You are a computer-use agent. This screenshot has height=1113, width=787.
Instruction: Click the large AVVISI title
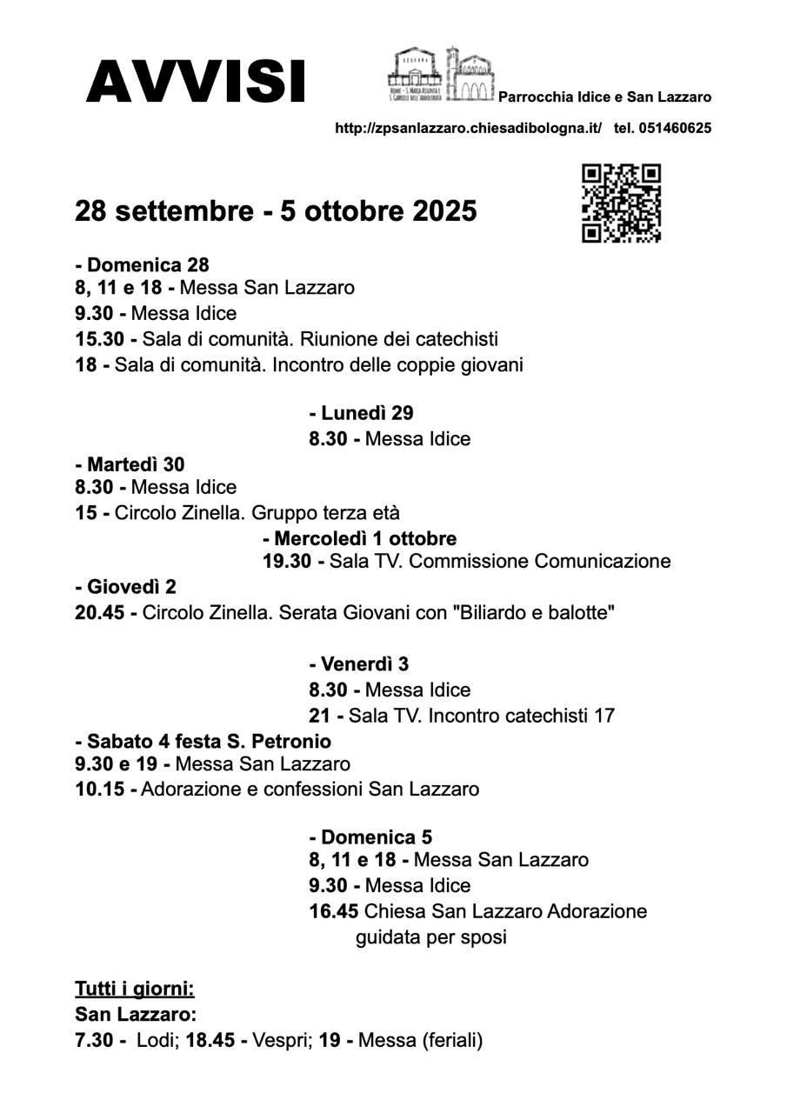coord(196,82)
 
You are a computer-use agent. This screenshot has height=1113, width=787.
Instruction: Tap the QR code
coord(621,203)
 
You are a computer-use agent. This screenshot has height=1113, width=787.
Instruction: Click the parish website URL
coord(468,128)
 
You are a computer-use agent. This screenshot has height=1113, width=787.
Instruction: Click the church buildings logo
coord(441,76)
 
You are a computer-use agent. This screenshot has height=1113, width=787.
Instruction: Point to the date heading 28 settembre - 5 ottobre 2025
coord(276,211)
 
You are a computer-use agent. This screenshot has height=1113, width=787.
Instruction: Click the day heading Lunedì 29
coord(361,413)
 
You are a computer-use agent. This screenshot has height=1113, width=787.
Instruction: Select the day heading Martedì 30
coord(130,465)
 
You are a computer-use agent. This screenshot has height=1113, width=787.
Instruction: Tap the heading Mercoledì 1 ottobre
coord(359,538)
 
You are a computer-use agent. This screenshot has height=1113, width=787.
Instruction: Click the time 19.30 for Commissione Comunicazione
coord(287,562)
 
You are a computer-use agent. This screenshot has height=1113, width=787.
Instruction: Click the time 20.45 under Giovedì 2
coord(99,613)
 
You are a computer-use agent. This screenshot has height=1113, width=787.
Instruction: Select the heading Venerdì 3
coord(358,664)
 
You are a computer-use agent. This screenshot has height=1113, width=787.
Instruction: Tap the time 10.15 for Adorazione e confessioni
coord(99,790)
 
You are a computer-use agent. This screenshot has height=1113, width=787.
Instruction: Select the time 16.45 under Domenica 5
coord(334,912)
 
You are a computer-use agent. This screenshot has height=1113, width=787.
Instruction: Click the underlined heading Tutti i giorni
coord(135,989)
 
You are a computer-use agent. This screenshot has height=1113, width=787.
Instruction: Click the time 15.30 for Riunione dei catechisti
coord(99,339)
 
